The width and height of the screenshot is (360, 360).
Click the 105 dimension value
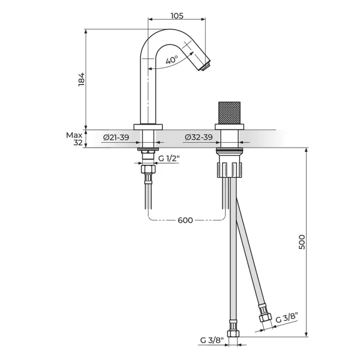pos(177,16)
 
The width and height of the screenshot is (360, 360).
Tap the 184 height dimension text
pos(82,80)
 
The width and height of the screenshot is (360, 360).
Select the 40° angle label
pos(172,59)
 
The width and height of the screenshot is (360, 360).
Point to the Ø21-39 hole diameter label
pos(116,137)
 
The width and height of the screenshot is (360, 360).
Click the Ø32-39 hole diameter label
pos(199,137)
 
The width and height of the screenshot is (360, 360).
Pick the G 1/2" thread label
pos(169,158)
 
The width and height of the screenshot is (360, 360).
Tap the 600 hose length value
pos(185,220)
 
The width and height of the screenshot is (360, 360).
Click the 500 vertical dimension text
pos(302,242)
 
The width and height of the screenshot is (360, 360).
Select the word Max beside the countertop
pos(74,135)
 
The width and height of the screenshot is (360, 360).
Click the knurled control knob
pos(229,113)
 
